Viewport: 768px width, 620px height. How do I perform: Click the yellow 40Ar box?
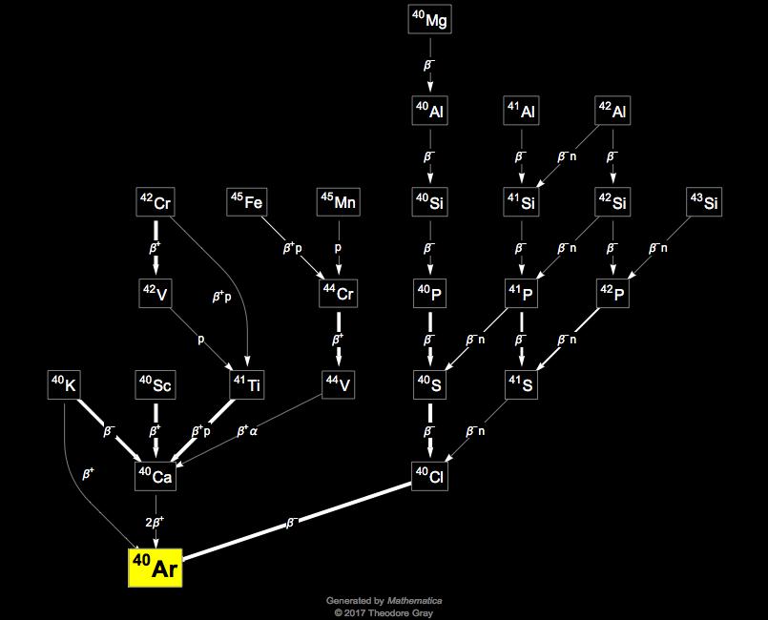155,568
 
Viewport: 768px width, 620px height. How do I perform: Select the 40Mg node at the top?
429,18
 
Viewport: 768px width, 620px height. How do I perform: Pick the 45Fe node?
247,201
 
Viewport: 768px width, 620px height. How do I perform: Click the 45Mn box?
338,201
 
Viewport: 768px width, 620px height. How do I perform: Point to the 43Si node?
706,201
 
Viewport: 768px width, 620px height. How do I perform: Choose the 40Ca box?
156,476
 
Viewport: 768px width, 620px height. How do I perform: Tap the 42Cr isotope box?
156,201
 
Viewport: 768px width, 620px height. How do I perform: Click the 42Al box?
613,110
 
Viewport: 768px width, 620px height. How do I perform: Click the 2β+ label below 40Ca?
156,521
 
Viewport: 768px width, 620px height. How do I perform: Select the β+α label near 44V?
248,431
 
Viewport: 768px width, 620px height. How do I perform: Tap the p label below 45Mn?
338,246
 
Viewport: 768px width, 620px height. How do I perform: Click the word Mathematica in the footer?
417,601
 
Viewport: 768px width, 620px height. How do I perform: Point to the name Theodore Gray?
402,612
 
